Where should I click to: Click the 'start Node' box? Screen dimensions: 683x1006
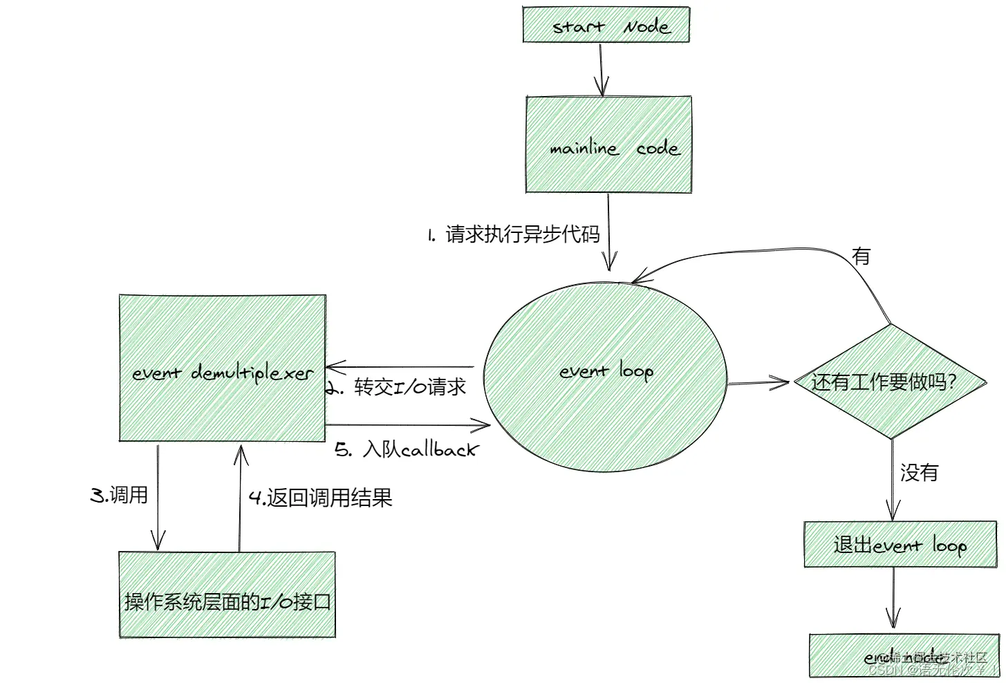[x=606, y=25]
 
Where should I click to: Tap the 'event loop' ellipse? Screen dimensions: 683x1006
[x=605, y=377]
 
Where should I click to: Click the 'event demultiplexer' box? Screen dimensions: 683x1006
[x=222, y=368]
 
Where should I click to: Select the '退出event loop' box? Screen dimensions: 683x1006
[x=900, y=545]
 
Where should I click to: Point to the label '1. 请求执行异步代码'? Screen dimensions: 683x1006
[x=513, y=234]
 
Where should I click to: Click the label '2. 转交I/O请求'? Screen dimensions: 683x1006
[x=397, y=387]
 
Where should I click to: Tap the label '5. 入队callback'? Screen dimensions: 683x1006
[x=407, y=450]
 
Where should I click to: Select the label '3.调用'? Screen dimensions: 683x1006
[x=119, y=495]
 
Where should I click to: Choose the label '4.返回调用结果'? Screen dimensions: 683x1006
[x=320, y=497]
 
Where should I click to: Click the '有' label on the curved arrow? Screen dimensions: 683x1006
[x=861, y=256]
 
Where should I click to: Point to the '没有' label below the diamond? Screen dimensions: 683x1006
[x=919, y=473]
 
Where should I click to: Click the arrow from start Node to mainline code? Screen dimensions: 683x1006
[x=602, y=69]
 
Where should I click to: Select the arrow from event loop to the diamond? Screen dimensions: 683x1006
[x=758, y=382]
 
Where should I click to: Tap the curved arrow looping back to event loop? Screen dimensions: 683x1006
[x=761, y=250]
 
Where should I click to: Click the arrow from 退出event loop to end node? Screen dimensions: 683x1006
[x=893, y=599]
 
